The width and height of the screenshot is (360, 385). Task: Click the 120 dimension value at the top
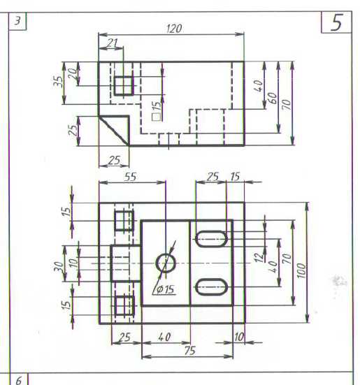pos(174,29)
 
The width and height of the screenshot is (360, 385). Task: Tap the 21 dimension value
pos(113,43)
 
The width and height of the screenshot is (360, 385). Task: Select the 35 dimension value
pos(58,82)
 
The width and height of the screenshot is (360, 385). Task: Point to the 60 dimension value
pos(273,98)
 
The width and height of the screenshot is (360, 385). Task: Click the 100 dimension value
pos(302,270)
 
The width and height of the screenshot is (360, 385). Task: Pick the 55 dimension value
pos(130,177)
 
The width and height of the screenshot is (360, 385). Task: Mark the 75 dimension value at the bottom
pos(190,351)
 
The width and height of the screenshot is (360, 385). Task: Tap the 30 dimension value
pos(59,266)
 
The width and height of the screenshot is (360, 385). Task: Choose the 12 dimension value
pos(259,258)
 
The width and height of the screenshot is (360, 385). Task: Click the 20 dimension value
pos(73,73)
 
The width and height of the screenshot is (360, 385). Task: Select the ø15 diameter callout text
pos(165,289)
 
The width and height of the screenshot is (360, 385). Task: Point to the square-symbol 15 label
pos(157,111)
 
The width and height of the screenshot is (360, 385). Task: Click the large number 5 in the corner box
pos(336,22)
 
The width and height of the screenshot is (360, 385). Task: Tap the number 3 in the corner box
pos(17,21)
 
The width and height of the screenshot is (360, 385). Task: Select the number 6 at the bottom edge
pos(19,380)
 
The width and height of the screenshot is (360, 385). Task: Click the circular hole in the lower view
pos(166,263)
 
